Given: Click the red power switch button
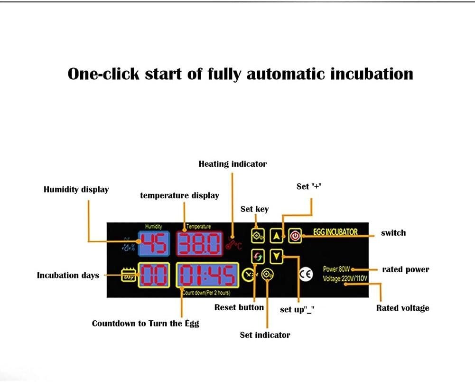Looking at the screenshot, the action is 295,236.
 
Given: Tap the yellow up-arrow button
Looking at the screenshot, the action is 276,236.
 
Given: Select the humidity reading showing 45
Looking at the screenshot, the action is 154,244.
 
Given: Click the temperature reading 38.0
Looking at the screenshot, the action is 200,244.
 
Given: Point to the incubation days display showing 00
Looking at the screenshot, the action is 154,275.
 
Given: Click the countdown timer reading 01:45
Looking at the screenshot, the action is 207,275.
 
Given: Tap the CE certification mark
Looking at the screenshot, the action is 306,274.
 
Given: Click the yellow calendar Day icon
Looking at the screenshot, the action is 129,275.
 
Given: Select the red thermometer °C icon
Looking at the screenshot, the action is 233,243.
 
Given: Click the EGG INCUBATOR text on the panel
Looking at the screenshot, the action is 335,232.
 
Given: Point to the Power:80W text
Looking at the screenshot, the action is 336,269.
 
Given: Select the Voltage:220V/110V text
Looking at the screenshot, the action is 345,278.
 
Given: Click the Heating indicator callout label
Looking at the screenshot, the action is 233,164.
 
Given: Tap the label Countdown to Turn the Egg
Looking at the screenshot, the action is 145,324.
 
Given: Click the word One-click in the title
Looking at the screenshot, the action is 103,74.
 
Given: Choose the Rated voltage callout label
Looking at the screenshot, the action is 402,308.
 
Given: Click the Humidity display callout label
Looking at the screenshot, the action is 76,190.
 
